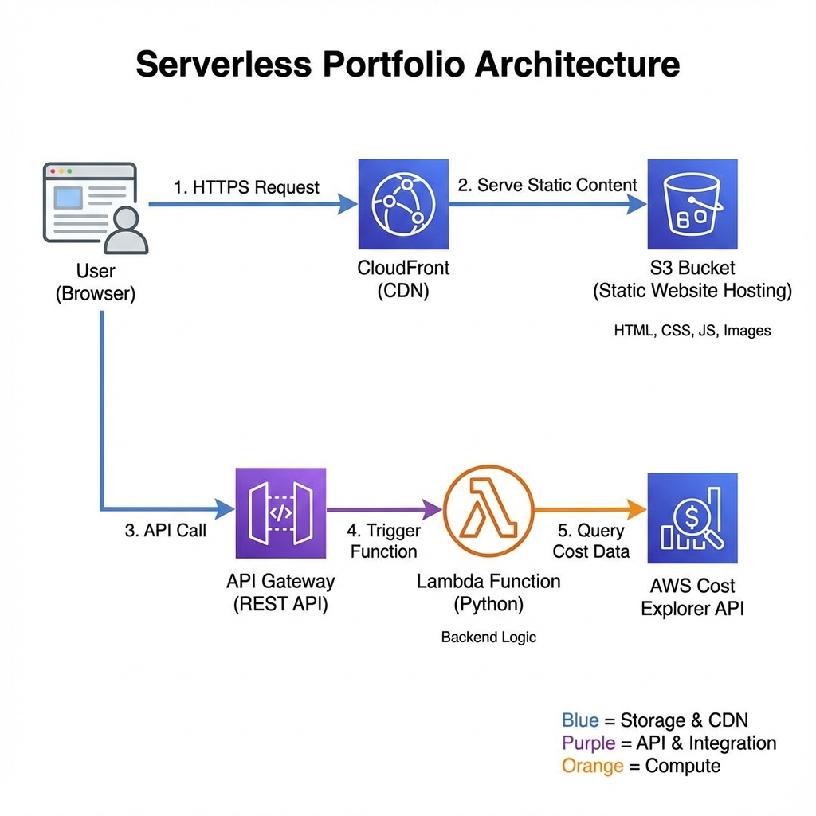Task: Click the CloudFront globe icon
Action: (x=403, y=204)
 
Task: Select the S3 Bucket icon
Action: (x=692, y=204)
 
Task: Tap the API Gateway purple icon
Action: (x=281, y=512)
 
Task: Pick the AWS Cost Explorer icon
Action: (x=692, y=518)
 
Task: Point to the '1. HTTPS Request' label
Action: (x=246, y=187)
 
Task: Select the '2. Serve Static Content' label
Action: (x=547, y=185)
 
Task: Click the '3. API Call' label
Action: (x=166, y=531)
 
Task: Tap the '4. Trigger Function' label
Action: (x=383, y=541)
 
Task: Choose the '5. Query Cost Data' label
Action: (x=590, y=541)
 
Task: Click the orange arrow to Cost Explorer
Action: (x=590, y=509)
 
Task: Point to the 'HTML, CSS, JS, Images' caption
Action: (x=692, y=330)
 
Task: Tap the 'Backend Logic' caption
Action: (x=488, y=637)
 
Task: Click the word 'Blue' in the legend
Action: (x=579, y=720)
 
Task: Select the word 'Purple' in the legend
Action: (x=588, y=743)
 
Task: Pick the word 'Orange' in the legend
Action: (x=591, y=767)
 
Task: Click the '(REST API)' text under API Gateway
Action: (x=280, y=605)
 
